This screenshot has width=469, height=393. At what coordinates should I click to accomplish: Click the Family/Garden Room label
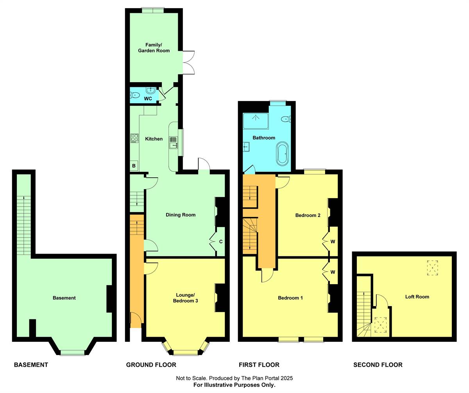coord(154,48)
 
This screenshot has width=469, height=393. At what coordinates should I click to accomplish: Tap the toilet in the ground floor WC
coord(135,95)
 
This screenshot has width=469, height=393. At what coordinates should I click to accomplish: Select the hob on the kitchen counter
coord(134,138)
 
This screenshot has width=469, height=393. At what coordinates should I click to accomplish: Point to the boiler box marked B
coord(134,166)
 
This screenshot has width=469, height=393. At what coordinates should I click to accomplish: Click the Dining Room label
coord(181,215)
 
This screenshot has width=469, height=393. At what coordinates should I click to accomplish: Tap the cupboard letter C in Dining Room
coord(221,242)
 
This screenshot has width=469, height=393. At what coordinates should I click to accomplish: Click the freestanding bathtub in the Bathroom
coord(282,154)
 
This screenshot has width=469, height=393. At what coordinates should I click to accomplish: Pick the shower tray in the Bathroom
coord(256,121)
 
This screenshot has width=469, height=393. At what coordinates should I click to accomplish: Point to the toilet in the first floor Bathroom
coord(286,119)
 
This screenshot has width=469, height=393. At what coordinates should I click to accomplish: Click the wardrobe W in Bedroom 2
coord(333,242)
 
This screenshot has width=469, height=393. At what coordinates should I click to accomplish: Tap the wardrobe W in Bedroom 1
coord(333,272)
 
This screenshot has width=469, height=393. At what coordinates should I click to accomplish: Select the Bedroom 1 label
coord(290,298)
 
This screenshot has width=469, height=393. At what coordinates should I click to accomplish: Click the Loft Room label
coord(417,297)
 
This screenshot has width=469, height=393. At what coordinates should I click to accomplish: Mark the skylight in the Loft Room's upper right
coord(432,268)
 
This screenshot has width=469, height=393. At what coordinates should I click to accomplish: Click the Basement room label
coord(64,298)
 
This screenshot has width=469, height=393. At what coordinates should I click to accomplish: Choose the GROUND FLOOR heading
coord(151,365)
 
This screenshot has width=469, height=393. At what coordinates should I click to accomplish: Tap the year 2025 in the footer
coord(286,378)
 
